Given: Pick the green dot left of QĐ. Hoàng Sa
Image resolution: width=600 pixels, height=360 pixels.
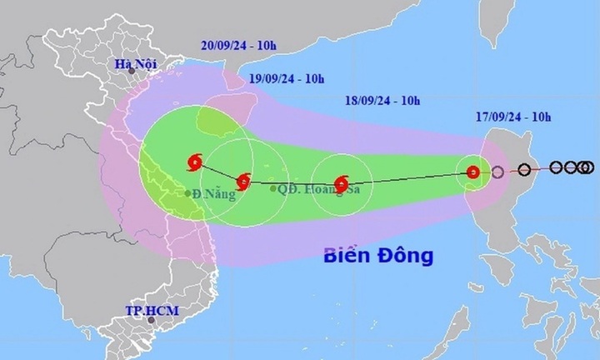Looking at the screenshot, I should tap(273, 188).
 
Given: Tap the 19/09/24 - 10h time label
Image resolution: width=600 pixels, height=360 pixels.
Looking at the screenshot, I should tap(287, 79).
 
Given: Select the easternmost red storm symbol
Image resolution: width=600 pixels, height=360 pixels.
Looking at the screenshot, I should tap(472, 173).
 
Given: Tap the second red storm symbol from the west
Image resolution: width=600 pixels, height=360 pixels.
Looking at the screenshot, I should tap(242, 181).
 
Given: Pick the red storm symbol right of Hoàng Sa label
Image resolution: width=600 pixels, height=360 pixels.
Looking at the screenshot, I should tap(342, 184).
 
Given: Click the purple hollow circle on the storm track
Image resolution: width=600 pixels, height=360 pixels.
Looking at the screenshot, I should tap(497, 173).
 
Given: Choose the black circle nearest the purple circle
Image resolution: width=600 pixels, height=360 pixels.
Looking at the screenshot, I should tap(524, 170).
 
